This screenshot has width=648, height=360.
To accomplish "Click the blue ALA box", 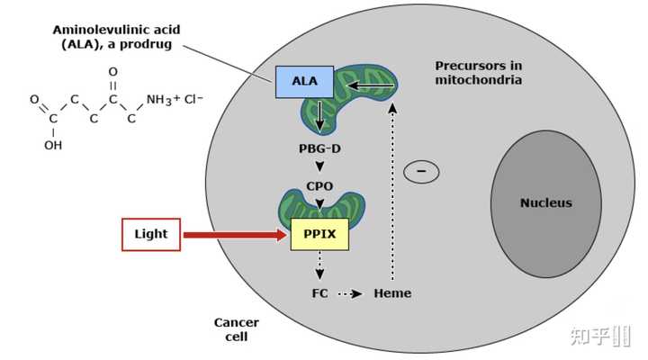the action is [304, 82].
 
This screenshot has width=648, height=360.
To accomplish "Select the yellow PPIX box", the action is [319, 234].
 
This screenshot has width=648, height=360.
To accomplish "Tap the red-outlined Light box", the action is [151, 234].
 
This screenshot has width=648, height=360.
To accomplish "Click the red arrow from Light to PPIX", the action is [235, 235].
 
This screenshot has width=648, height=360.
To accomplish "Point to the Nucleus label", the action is [546, 202].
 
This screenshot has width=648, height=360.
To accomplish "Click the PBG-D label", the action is [319, 148].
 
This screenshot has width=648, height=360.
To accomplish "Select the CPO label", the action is [319, 186].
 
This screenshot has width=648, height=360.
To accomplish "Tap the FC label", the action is [319, 293].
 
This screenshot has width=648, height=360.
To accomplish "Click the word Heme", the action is [392, 293].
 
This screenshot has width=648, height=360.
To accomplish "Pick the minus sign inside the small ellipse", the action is [421, 171].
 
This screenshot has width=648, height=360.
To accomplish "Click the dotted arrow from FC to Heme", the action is [350, 294].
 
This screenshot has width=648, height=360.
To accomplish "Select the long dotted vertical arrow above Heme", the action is [392, 192].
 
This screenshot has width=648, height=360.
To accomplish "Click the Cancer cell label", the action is [237, 329].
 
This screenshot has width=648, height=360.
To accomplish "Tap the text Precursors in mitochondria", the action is [479, 72].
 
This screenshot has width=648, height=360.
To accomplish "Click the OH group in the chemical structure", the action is [53, 146].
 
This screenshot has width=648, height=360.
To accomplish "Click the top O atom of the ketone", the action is [112, 72].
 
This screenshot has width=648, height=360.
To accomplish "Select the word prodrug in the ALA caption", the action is [146, 44].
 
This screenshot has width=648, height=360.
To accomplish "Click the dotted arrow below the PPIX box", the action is [319, 265].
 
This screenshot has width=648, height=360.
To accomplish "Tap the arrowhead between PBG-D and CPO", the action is [319, 166].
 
